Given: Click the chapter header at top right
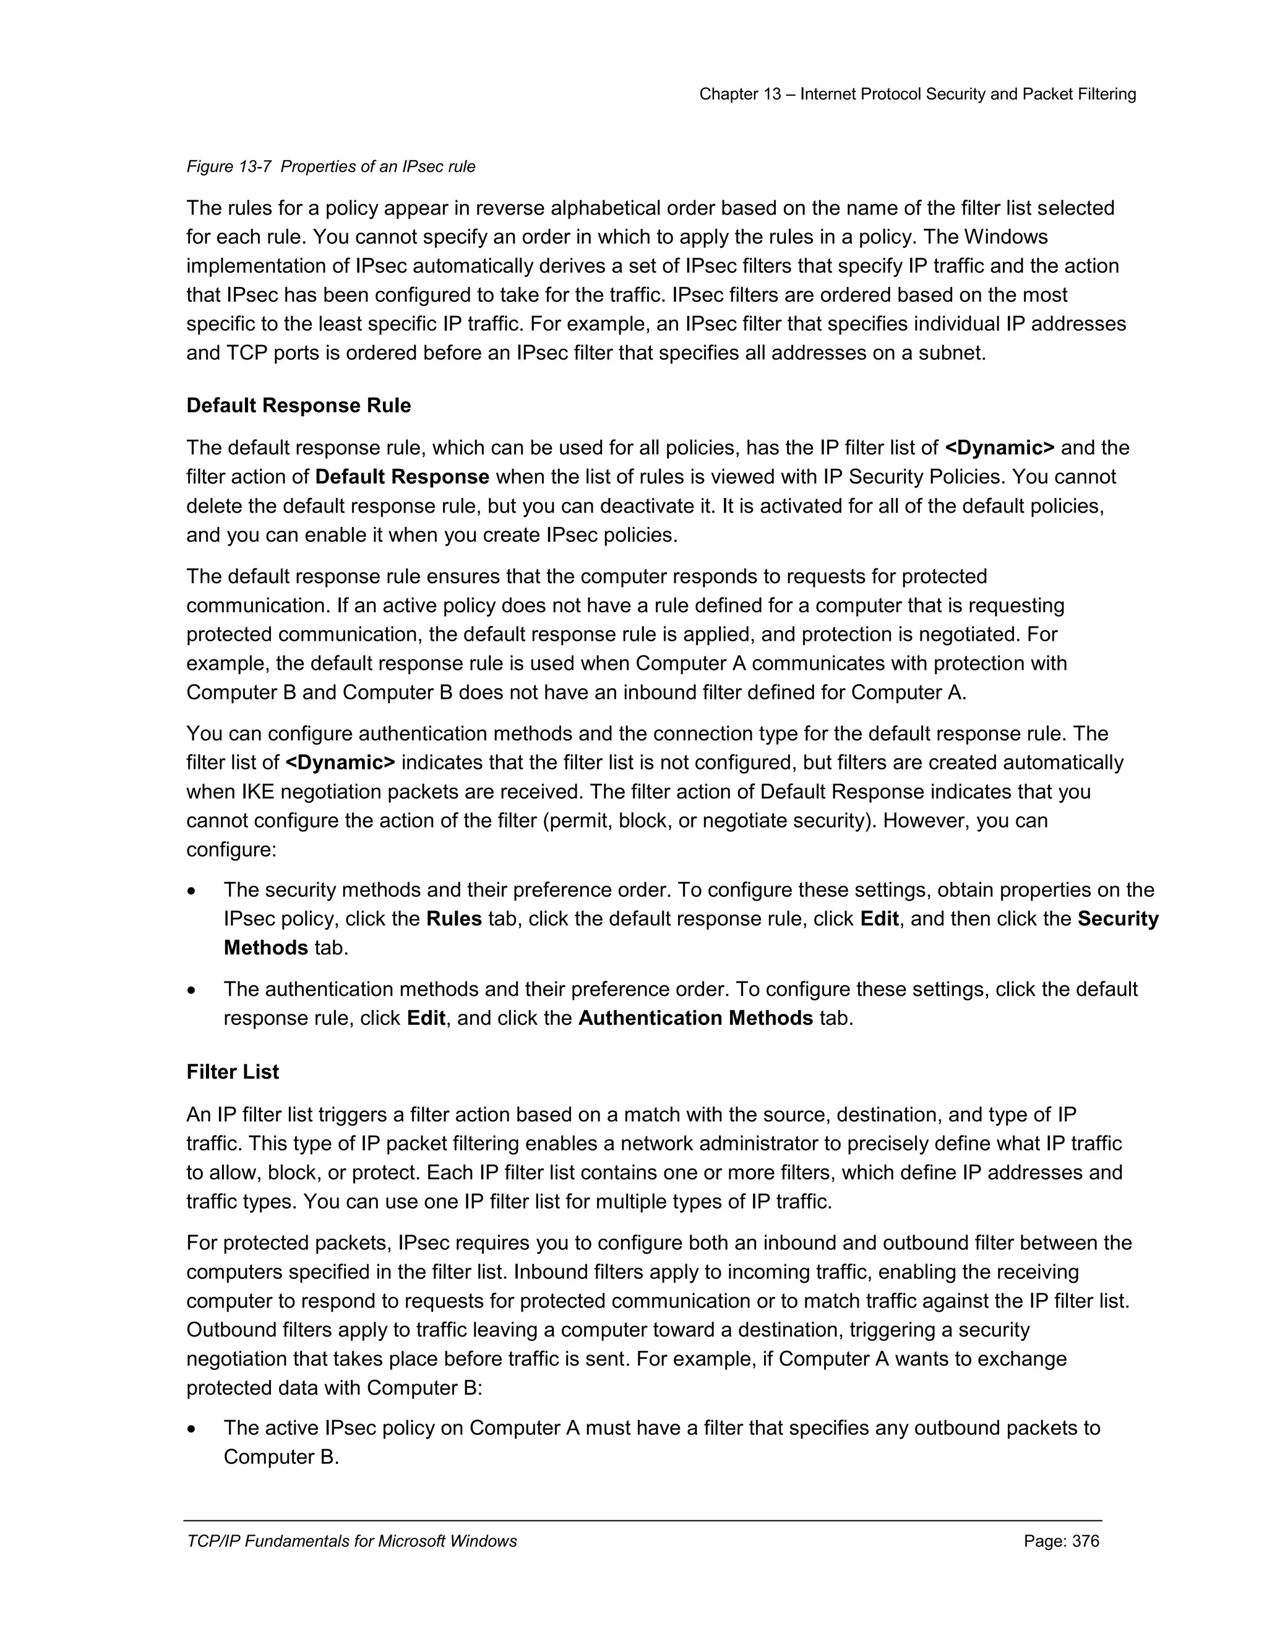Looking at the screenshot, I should coord(917,95).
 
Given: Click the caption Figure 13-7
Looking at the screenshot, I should coord(330,166).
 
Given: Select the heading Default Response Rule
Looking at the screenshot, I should coord(298,406).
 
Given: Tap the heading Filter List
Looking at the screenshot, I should coord(232,1072).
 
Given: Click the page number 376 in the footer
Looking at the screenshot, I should coord(1062,1541).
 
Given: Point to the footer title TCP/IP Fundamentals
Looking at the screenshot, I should coord(351,1541).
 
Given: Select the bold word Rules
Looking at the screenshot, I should coord(453,919).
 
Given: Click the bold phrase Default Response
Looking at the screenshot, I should coord(402,477).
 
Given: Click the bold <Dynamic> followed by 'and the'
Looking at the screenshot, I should coord(999,448).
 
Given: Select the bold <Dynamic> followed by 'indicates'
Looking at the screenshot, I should coord(340,763).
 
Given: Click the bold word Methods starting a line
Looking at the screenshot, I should coord(265,949).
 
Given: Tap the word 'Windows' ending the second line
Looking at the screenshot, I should coord(1006,237).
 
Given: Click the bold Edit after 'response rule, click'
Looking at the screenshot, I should coord(426,1019).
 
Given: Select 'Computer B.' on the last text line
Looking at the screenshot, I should coord(281,1457).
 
